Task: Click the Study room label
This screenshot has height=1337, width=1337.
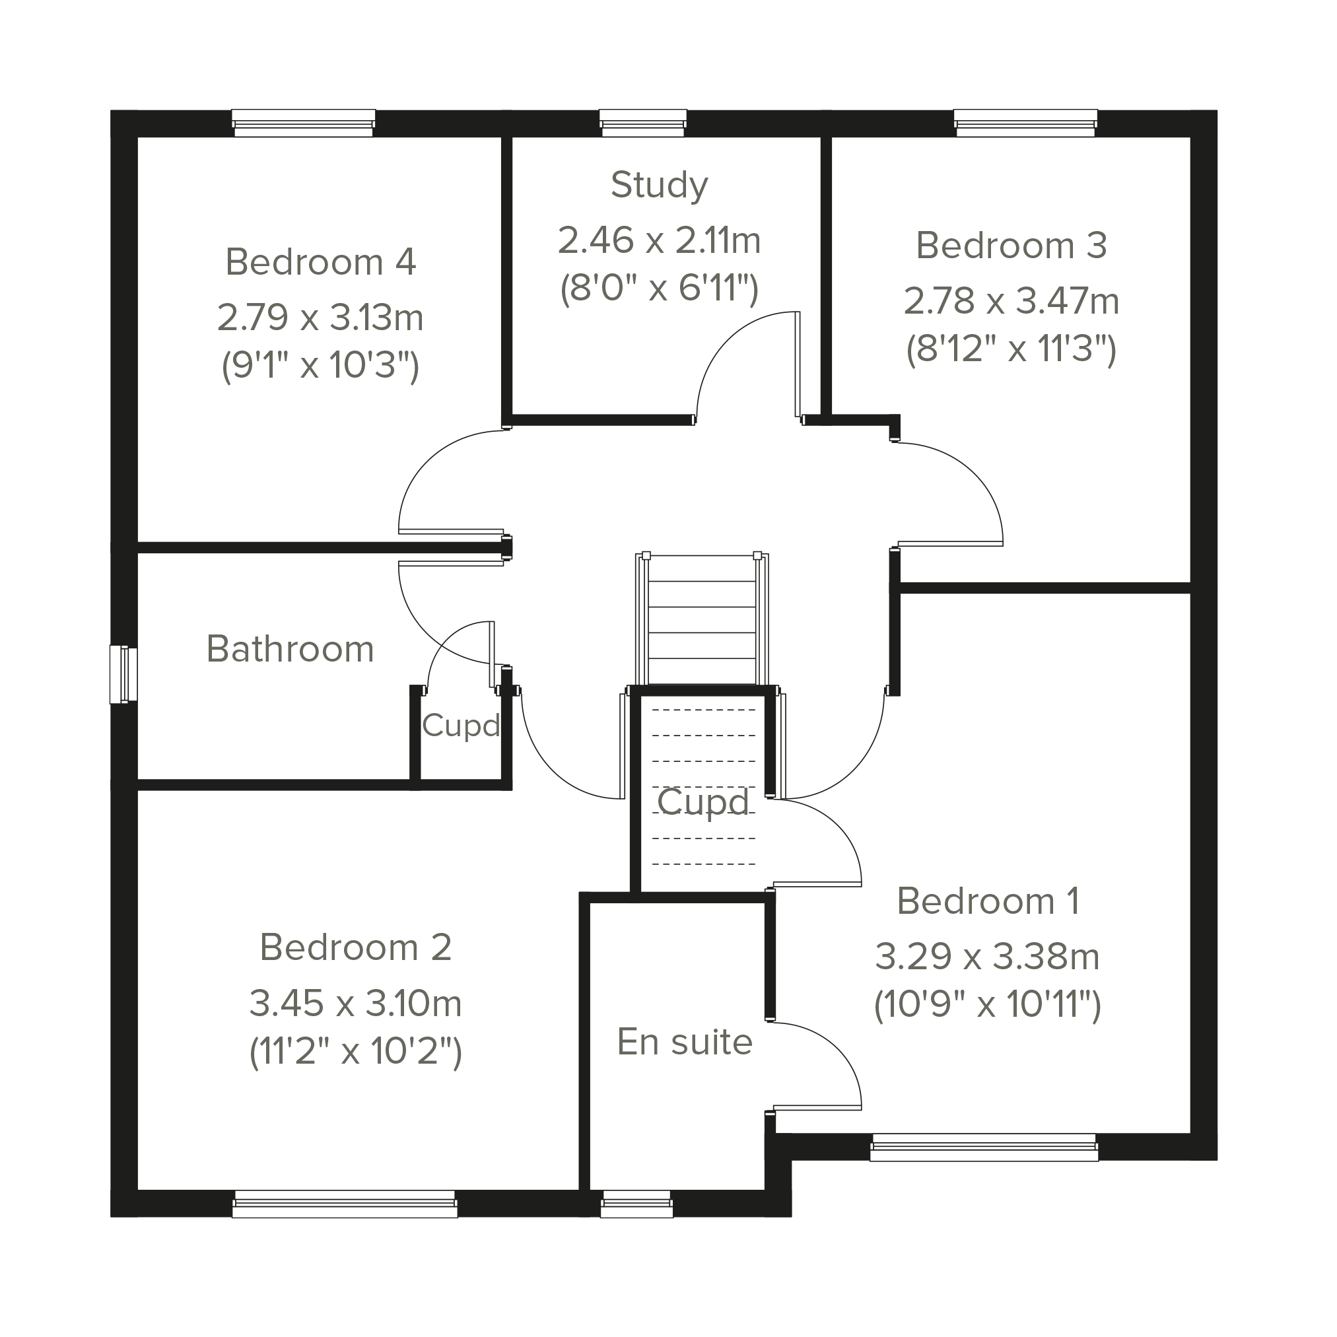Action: tap(660, 186)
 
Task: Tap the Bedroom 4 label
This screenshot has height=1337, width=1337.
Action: tap(320, 262)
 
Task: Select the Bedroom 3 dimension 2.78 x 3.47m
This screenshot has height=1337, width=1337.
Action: tap(1011, 302)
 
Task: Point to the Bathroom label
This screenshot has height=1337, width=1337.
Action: tap(290, 649)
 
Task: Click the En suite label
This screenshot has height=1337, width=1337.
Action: tap(685, 1042)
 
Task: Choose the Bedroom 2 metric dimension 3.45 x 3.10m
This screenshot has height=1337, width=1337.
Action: tap(355, 1004)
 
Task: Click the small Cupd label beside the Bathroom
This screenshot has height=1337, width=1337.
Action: tap(461, 726)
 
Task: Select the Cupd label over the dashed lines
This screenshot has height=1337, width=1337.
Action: tap(703, 803)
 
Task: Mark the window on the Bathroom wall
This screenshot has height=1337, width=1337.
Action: tap(123, 675)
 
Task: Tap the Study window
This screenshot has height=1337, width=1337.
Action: tap(643, 123)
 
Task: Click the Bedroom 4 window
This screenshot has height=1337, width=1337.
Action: tap(303, 123)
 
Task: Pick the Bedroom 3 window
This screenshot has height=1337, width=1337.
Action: tap(1025, 123)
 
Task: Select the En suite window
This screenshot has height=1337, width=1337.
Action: tap(636, 1204)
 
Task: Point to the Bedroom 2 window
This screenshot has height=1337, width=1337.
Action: tap(345, 1204)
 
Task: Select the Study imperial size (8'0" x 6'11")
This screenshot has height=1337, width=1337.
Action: tap(659, 288)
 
